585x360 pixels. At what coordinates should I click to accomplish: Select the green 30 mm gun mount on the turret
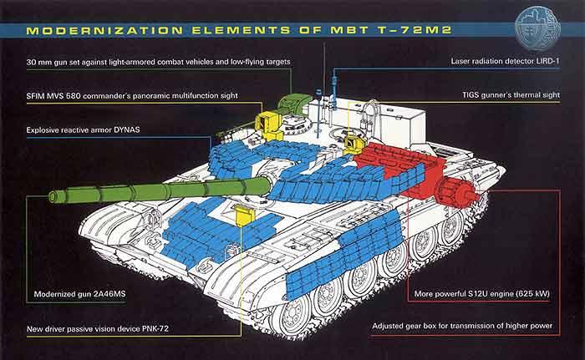pos(293,104)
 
